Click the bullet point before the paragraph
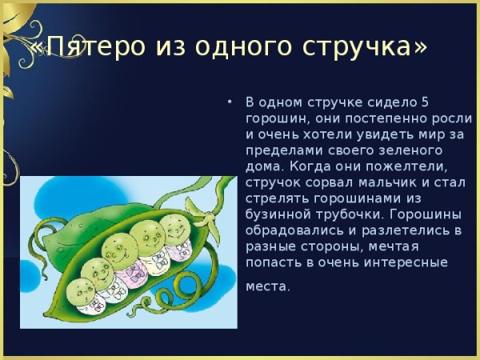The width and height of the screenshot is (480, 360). pyautogui.click(x=230, y=102)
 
